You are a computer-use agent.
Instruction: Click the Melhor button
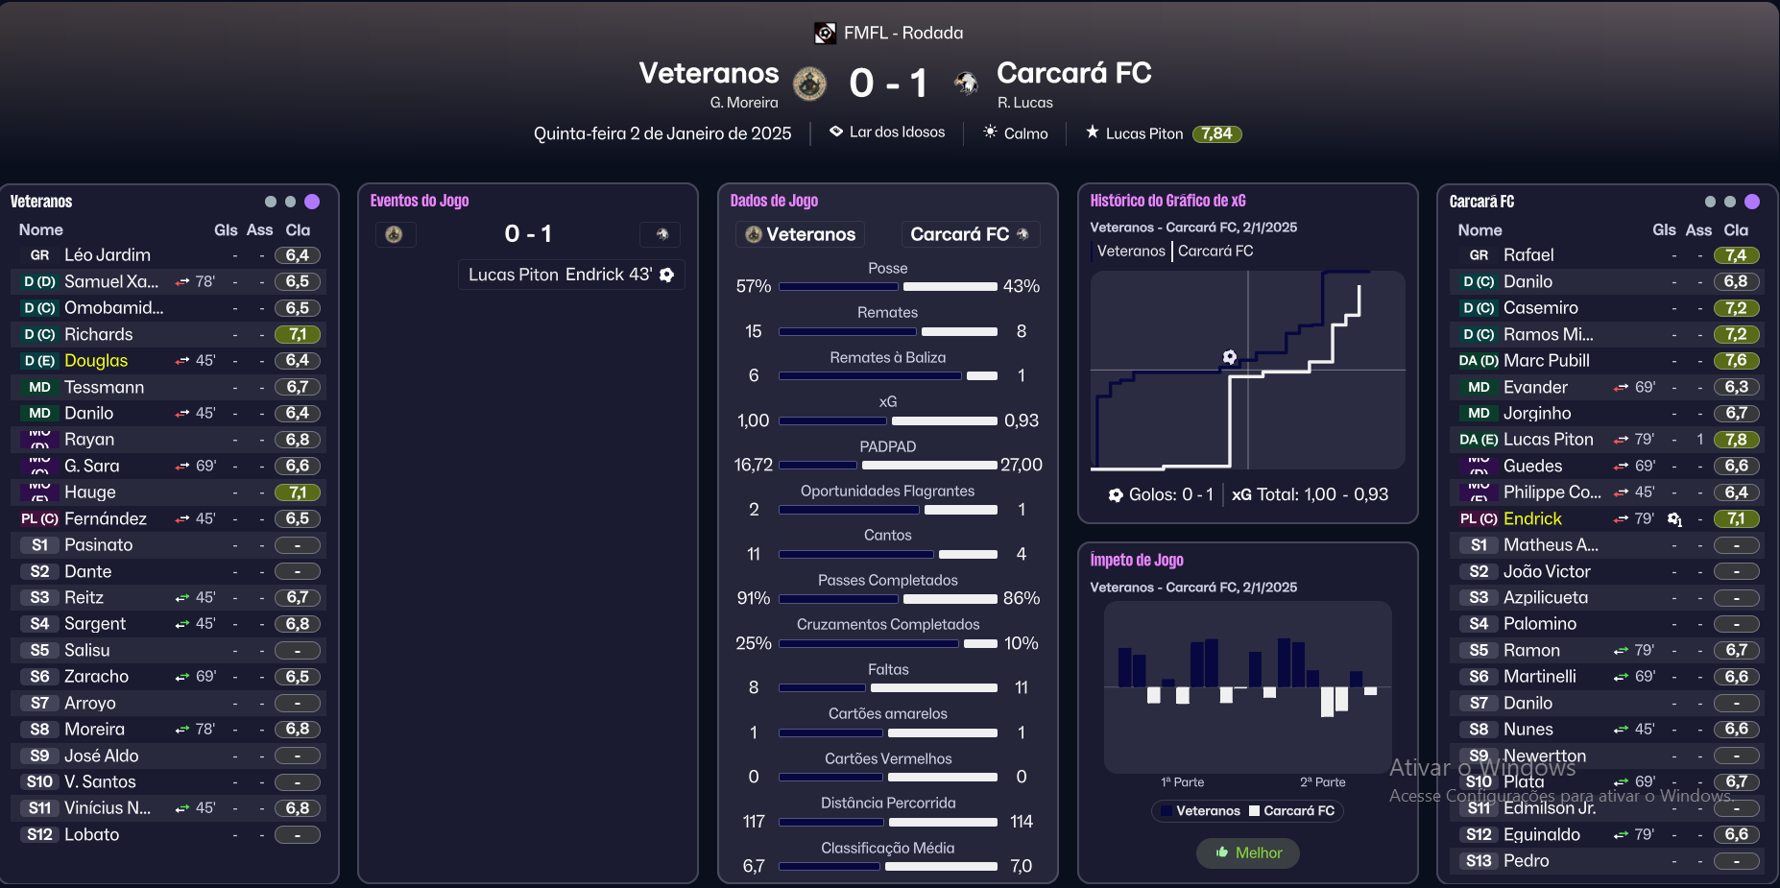pyautogui.click(x=1248, y=852)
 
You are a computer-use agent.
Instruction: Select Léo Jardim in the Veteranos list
pyautogui.click(x=108, y=255)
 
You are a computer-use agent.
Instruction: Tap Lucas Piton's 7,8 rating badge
pyautogui.click(x=1736, y=440)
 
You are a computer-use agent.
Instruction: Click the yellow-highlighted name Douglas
pyautogui.click(x=96, y=361)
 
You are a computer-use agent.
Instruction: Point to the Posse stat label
pyautogui.click(x=887, y=268)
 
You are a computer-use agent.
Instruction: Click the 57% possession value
pyautogui.click(x=754, y=286)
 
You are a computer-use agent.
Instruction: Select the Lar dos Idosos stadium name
pyautogui.click(x=897, y=132)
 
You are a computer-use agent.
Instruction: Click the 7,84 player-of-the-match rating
pyautogui.click(x=1216, y=133)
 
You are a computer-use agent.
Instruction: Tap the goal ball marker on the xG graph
pyautogui.click(x=1230, y=357)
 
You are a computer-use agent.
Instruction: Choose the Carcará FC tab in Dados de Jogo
pyautogui.click(x=969, y=234)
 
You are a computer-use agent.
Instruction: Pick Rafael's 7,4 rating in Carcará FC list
pyautogui.click(x=1736, y=255)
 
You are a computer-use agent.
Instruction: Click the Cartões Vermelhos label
pyautogui.click(x=887, y=758)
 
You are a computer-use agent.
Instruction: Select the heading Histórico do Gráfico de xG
pyautogui.click(x=1167, y=201)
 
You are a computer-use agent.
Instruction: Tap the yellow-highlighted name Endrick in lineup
pyautogui.click(x=1532, y=518)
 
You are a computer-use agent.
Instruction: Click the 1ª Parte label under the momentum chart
pyautogui.click(x=1182, y=782)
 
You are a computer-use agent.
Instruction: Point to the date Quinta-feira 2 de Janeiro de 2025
pyautogui.click(x=662, y=133)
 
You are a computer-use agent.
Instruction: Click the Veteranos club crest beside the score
pyautogui.click(x=809, y=84)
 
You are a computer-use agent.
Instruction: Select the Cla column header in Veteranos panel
pyautogui.click(x=298, y=230)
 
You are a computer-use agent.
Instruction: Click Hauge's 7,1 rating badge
pyautogui.click(x=298, y=492)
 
